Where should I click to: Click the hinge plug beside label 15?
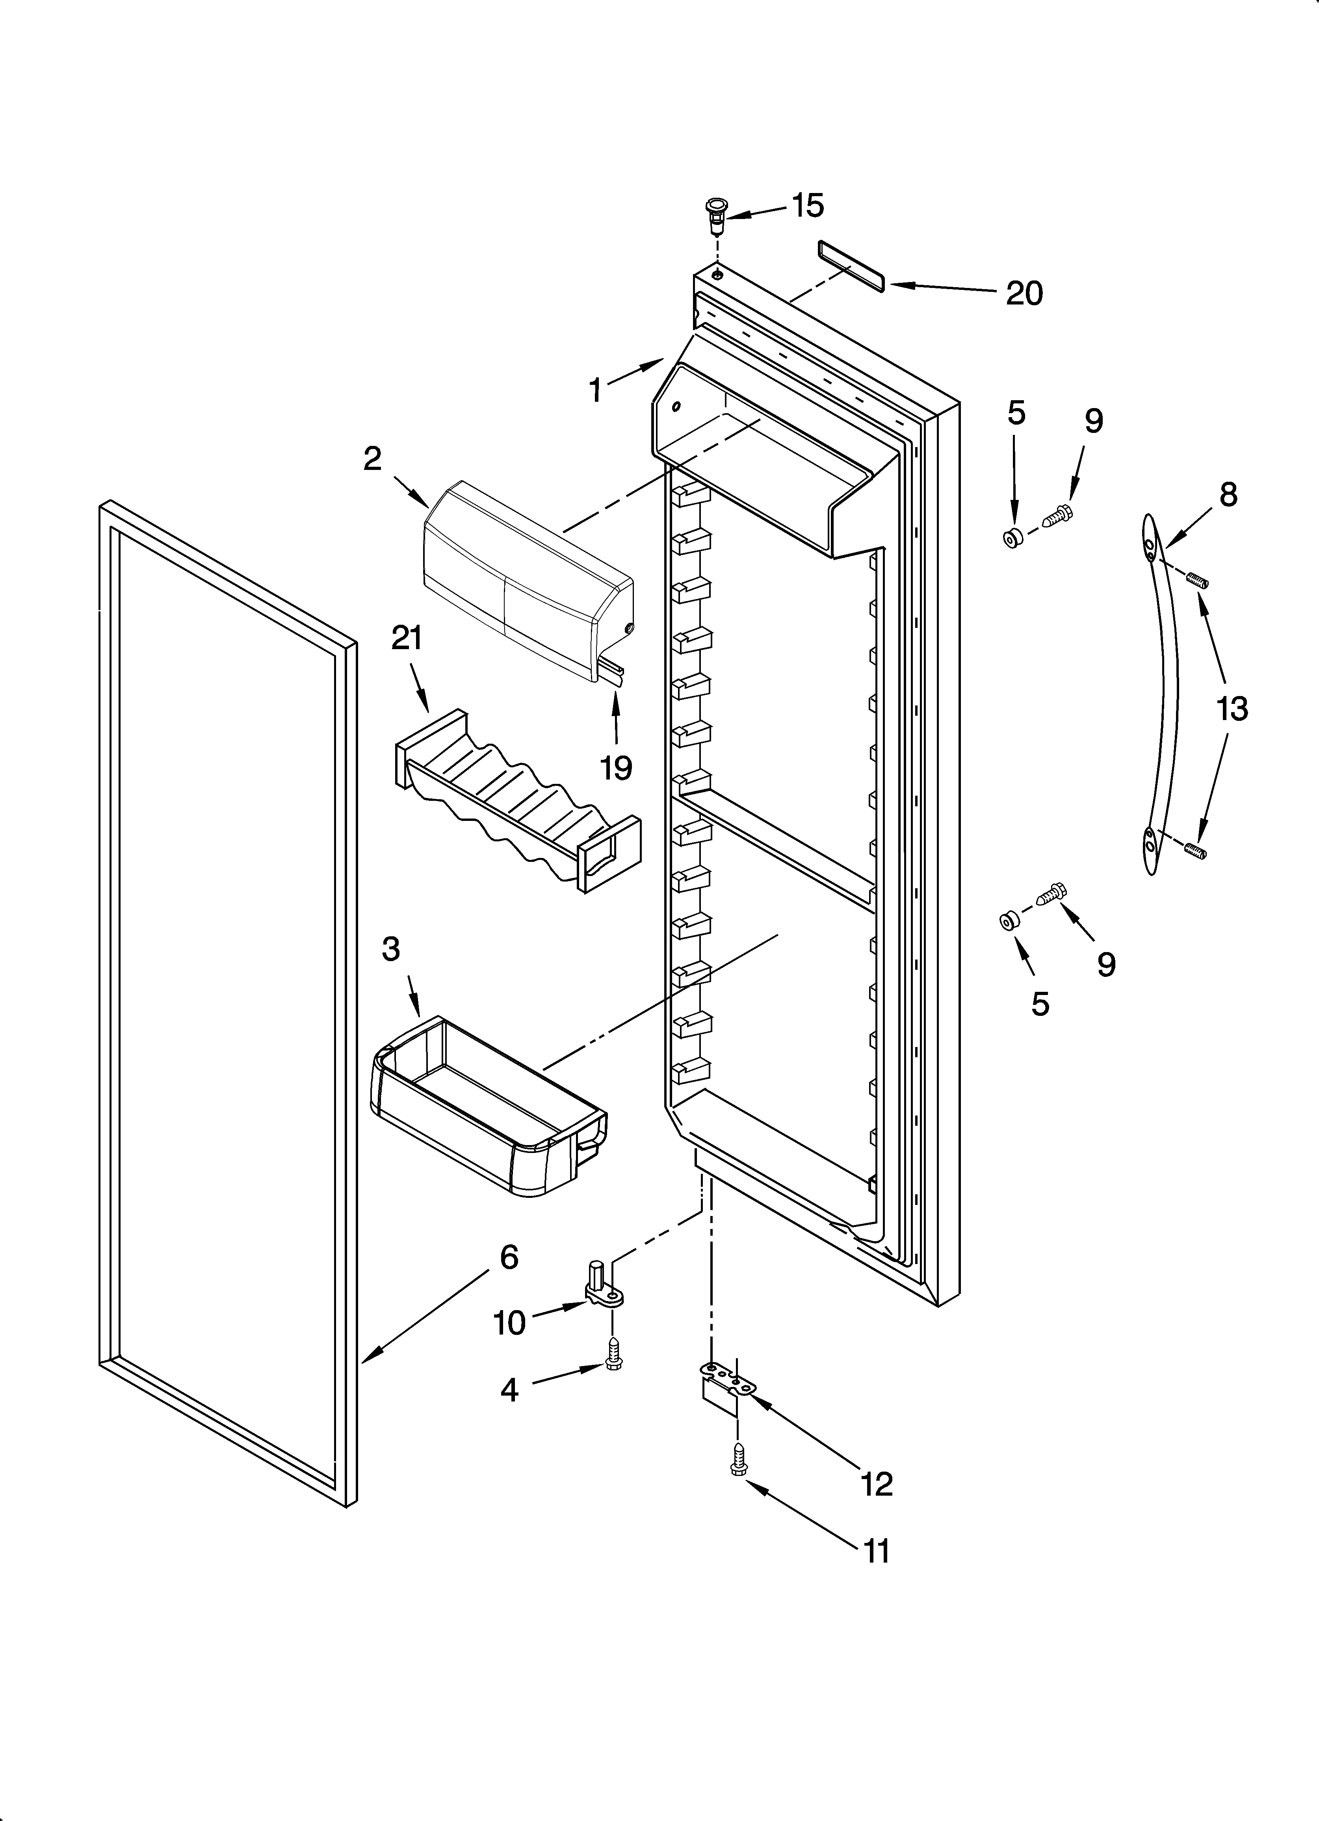click(713, 213)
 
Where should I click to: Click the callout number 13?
click(1232, 709)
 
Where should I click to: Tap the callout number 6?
click(509, 1257)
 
